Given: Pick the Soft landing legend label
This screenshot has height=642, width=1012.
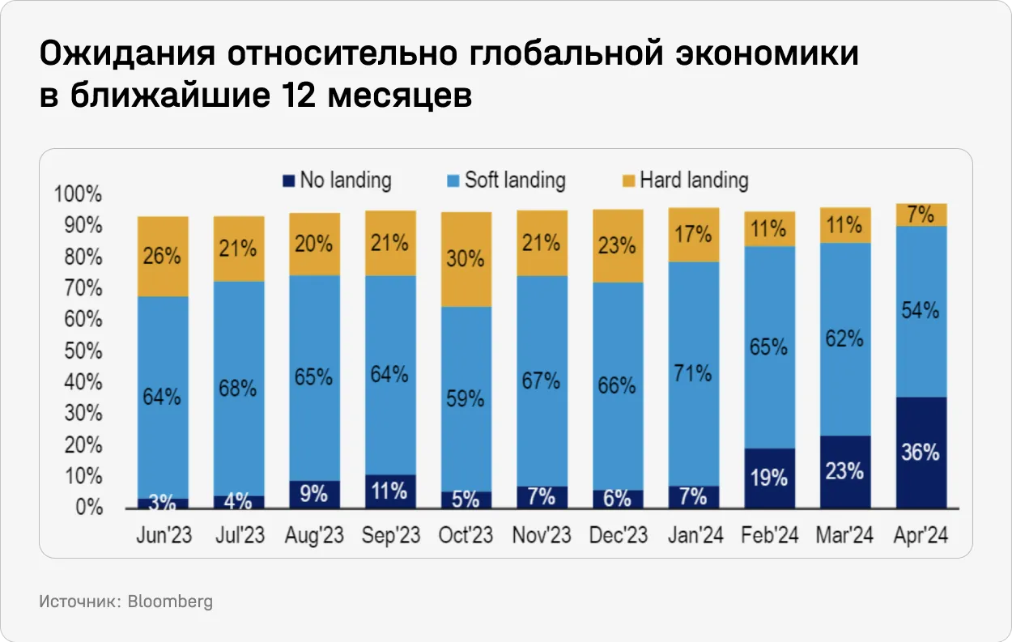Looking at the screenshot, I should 515,180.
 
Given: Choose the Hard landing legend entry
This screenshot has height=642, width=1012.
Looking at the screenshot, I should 694,180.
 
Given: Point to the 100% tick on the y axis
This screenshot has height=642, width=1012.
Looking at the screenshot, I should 78,195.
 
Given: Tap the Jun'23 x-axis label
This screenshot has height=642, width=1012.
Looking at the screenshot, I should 163,536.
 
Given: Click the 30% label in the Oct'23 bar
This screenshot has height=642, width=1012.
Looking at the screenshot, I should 466,259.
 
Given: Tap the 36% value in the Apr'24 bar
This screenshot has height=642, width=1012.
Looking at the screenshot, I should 921,453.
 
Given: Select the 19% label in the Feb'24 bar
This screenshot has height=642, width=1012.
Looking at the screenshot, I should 769,478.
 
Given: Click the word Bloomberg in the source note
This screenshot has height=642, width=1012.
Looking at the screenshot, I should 170,602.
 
